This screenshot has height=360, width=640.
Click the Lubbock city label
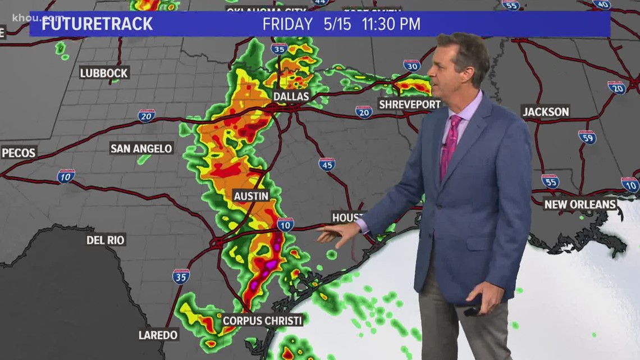pos(104,72)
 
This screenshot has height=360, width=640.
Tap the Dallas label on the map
pos(291,97)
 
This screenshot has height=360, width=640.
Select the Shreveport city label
pos(409,104)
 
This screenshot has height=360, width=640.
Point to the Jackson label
pos(546,112)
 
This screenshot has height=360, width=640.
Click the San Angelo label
pos(141,148)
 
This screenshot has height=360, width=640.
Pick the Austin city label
pos(251,196)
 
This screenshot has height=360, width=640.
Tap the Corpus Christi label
pos(262,320)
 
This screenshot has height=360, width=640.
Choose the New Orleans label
pos(580,204)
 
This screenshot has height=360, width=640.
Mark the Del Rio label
pos(106,240)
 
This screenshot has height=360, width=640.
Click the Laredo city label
pos(158,335)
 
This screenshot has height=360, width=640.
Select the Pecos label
pos(19,152)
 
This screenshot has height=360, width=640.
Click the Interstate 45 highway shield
pos(327,164)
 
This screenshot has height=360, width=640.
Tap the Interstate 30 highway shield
pos(412,65)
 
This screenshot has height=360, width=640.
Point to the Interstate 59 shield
pos(587,137)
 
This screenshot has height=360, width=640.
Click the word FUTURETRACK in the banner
pos(97,24)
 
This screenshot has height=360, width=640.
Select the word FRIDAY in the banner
pos(287,24)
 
